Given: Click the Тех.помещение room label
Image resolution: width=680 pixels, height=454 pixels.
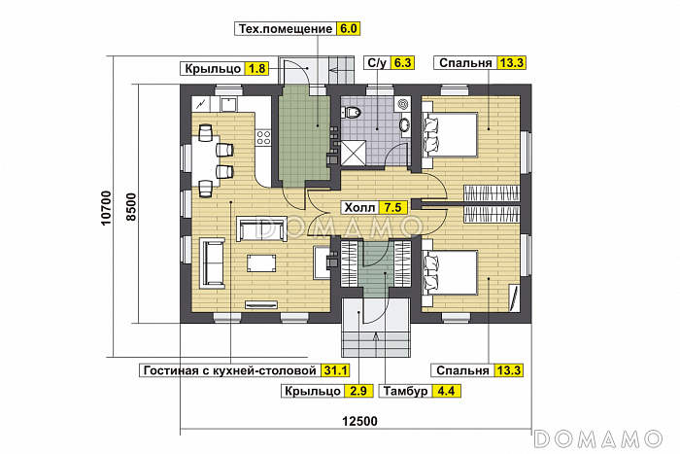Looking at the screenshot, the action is (x=287, y=28).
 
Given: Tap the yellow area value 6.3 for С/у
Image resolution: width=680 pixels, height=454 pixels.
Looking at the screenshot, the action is (x=402, y=62).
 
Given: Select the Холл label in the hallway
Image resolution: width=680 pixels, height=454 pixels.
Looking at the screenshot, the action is (x=359, y=207).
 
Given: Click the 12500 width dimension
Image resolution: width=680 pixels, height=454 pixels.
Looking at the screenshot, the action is (x=360, y=421).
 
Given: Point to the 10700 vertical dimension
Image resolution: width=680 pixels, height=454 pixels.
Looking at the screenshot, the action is (x=106, y=208).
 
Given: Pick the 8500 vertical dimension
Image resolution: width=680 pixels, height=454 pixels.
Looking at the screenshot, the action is (x=131, y=207).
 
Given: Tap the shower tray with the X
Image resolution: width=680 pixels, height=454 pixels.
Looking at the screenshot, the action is (x=354, y=153).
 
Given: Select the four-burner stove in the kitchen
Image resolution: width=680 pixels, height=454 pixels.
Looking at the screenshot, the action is (x=263, y=137).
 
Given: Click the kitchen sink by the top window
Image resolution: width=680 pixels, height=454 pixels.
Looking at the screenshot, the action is (x=228, y=104).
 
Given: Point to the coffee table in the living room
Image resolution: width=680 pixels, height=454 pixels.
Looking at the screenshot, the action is (x=261, y=263).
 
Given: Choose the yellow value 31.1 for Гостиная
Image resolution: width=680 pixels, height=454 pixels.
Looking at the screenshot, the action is (x=335, y=370).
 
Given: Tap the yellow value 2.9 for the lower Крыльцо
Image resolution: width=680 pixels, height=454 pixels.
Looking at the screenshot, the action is (x=358, y=391).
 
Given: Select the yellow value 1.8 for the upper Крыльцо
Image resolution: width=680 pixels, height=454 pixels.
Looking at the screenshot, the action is (x=256, y=69).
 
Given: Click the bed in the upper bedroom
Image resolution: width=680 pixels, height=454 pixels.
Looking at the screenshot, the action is (x=449, y=134).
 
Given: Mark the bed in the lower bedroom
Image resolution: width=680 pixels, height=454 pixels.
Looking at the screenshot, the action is (x=449, y=272).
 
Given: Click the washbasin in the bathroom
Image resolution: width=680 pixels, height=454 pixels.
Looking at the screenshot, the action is (x=405, y=124).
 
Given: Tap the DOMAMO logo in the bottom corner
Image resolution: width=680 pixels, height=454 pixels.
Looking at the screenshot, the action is (x=598, y=438).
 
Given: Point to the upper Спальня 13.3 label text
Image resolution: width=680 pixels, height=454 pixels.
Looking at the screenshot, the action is (x=465, y=63).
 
